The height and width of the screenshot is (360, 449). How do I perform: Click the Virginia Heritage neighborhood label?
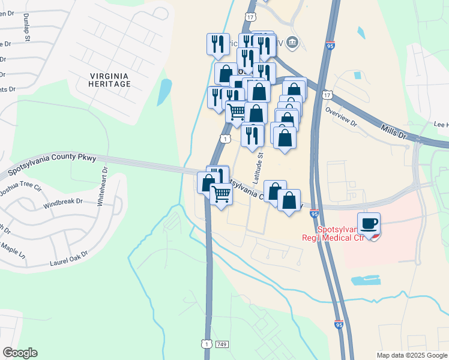(109, 80)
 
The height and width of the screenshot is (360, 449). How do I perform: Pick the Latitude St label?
(259, 167)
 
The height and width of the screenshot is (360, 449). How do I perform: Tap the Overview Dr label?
(340, 116)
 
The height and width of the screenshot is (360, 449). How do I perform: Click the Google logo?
(20, 353)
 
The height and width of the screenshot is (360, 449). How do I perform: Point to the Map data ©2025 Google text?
(412, 355)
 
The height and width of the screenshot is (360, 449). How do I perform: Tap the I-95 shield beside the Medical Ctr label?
(315, 213)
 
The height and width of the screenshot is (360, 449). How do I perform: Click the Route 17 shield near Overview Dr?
(327, 95)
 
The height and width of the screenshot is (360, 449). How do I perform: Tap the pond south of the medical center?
(365, 280)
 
